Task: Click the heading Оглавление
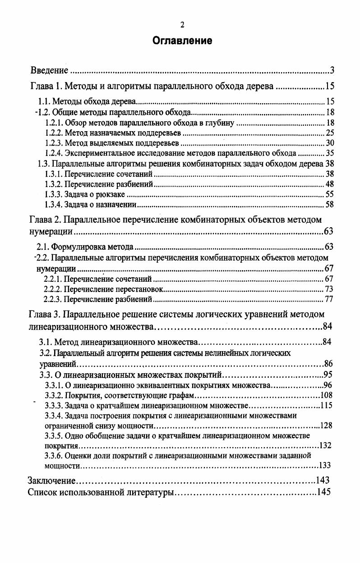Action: (x=182, y=41)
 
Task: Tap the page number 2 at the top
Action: (x=182, y=25)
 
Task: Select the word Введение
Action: (x=49, y=70)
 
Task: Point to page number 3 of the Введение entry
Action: (x=332, y=70)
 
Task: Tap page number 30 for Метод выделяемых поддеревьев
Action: (x=329, y=143)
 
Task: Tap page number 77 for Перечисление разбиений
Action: (x=329, y=299)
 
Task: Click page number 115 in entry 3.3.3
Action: (x=326, y=406)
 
